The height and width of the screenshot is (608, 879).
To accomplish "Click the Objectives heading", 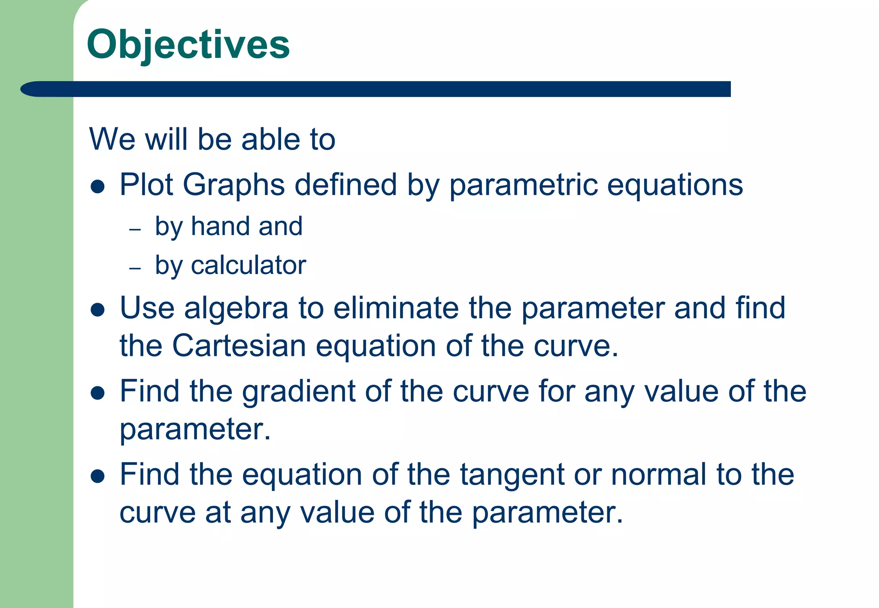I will [188, 45].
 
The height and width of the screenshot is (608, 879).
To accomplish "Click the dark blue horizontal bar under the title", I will [376, 89].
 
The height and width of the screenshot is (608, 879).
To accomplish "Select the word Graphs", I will [234, 185].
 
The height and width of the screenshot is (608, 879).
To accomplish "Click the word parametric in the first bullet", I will [523, 185].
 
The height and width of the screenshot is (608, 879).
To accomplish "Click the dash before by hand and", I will [135, 229].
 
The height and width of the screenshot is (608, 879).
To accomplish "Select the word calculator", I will [249, 265].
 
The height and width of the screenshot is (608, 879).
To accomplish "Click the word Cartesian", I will [239, 346].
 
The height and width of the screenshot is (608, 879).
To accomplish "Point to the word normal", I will [658, 475].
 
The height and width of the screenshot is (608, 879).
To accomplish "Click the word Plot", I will [146, 185].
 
